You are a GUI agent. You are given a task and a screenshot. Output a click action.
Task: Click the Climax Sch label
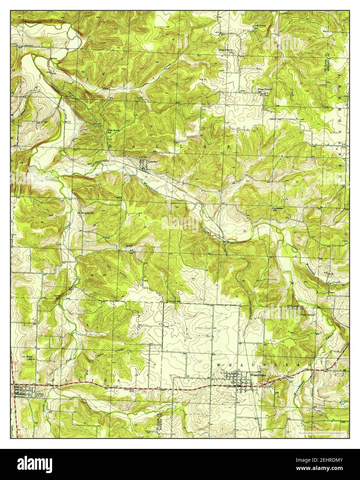pyautogui.click(x=174, y=301)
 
